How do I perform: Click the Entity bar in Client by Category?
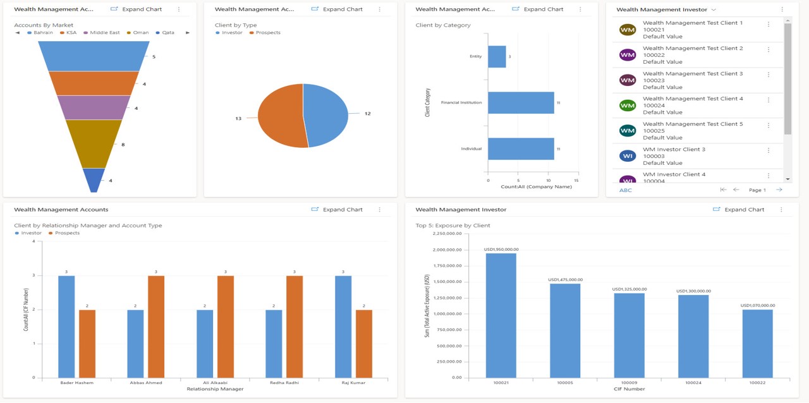[x=497, y=56]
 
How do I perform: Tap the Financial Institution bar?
[x=521, y=102]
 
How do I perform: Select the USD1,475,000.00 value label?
[x=565, y=280]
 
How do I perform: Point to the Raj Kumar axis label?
[x=353, y=383]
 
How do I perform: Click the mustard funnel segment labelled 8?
[x=94, y=143]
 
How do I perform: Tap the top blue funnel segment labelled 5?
[x=94, y=56]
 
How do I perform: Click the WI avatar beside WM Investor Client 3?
[x=628, y=156]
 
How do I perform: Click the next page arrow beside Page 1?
[x=779, y=189]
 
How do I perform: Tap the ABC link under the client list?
[x=625, y=190]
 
